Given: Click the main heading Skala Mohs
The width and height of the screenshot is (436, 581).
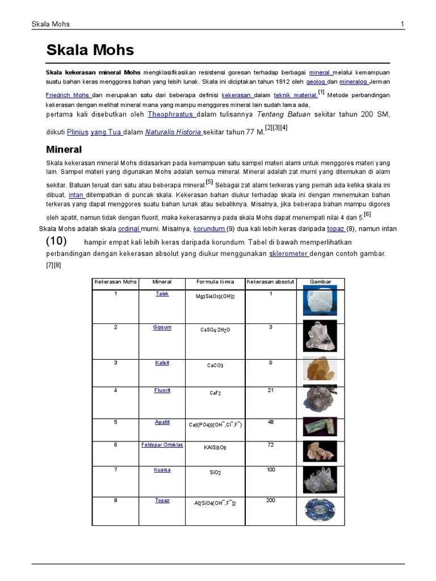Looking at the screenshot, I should pyautogui.click(x=90, y=50).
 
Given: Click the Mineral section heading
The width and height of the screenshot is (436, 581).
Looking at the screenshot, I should pyautogui.click(x=64, y=150).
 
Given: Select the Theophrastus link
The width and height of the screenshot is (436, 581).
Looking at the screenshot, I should pyautogui.click(x=171, y=114).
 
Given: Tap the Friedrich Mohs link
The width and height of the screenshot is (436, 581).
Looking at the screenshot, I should pyautogui.click(x=68, y=95).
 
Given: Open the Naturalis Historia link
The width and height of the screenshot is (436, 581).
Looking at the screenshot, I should pyautogui.click(x=173, y=132).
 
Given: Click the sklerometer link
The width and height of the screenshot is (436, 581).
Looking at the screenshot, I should pyautogui.click(x=288, y=254).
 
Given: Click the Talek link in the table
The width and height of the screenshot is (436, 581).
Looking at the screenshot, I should pyautogui.click(x=162, y=294).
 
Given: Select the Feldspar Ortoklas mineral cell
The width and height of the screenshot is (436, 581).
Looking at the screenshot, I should pyautogui.click(x=162, y=445).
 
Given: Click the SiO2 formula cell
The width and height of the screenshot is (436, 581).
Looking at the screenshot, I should pyautogui.click(x=215, y=472).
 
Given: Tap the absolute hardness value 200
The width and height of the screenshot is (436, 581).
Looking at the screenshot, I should pyautogui.click(x=271, y=500).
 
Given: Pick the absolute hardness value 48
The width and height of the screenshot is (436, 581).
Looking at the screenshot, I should pyautogui.click(x=271, y=422).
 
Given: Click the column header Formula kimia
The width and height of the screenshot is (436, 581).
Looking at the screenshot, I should pyautogui.click(x=215, y=281).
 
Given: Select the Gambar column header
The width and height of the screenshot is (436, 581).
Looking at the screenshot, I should pyautogui.click(x=320, y=281).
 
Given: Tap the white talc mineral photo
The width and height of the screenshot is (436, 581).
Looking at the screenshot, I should pyautogui.click(x=320, y=301).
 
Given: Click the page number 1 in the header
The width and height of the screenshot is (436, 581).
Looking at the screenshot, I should pyautogui.click(x=402, y=24).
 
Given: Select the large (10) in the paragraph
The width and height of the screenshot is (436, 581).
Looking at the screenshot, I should pyautogui.click(x=57, y=241).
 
